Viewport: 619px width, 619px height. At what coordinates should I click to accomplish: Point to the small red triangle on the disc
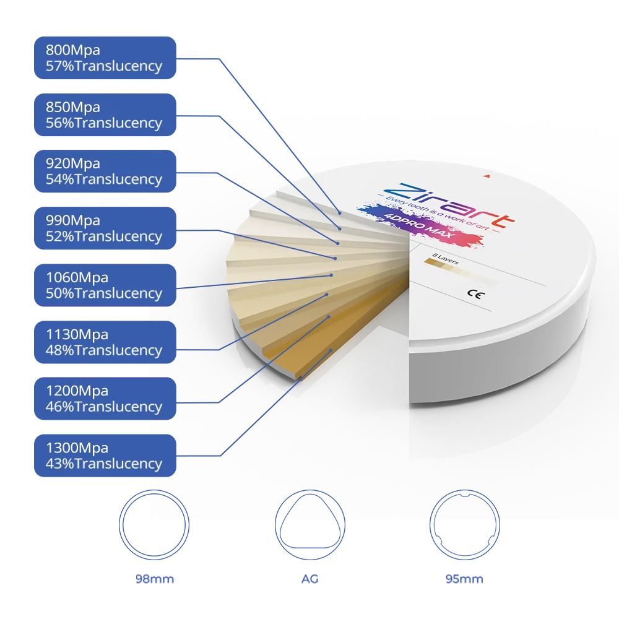(x=488, y=177)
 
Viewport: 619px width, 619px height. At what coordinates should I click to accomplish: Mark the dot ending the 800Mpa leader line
(x=339, y=212)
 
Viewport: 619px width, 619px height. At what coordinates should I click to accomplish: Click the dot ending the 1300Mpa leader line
(x=331, y=350)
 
